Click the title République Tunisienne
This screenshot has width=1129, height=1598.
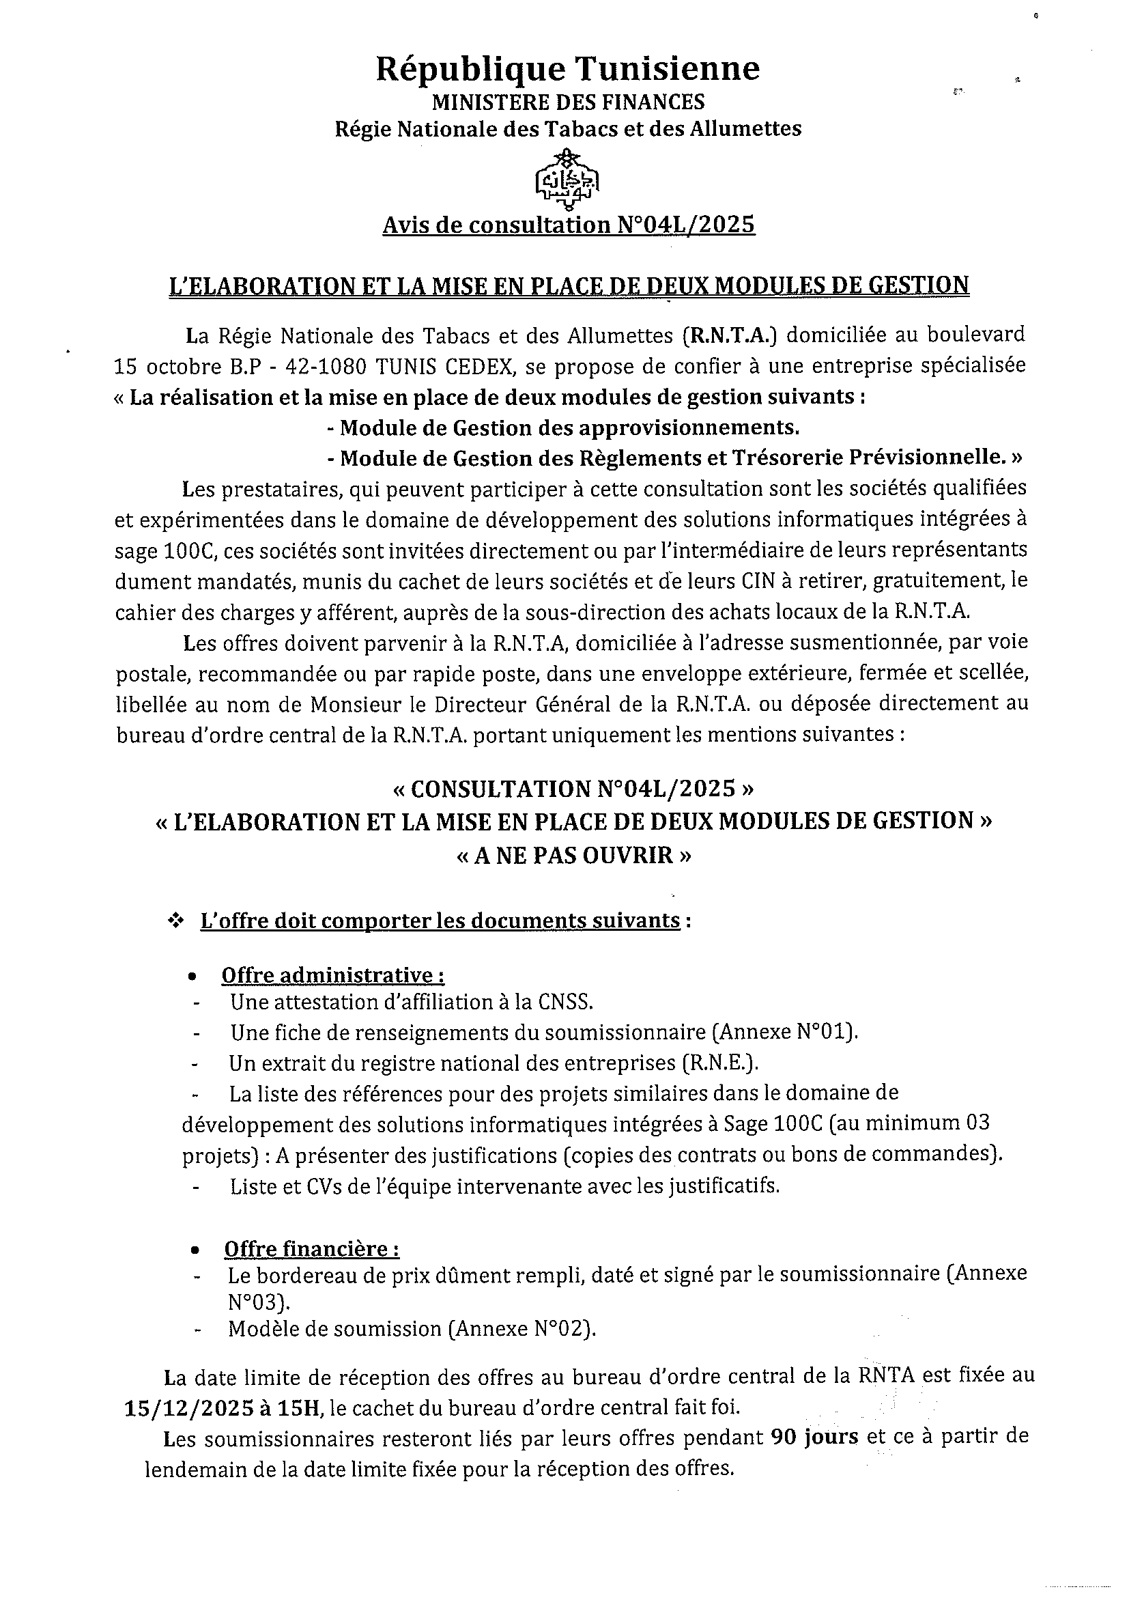(x=568, y=70)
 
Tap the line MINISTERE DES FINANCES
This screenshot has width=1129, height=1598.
(x=568, y=102)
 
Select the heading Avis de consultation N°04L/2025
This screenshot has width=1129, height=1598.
(x=569, y=225)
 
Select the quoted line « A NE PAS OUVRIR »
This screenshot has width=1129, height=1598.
(x=574, y=855)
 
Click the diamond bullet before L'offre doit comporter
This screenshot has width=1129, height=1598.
(x=175, y=921)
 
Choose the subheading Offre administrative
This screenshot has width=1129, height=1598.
(x=333, y=975)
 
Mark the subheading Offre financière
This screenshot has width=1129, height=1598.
(x=312, y=1249)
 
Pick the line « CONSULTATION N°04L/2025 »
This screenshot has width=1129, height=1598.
(x=573, y=789)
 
